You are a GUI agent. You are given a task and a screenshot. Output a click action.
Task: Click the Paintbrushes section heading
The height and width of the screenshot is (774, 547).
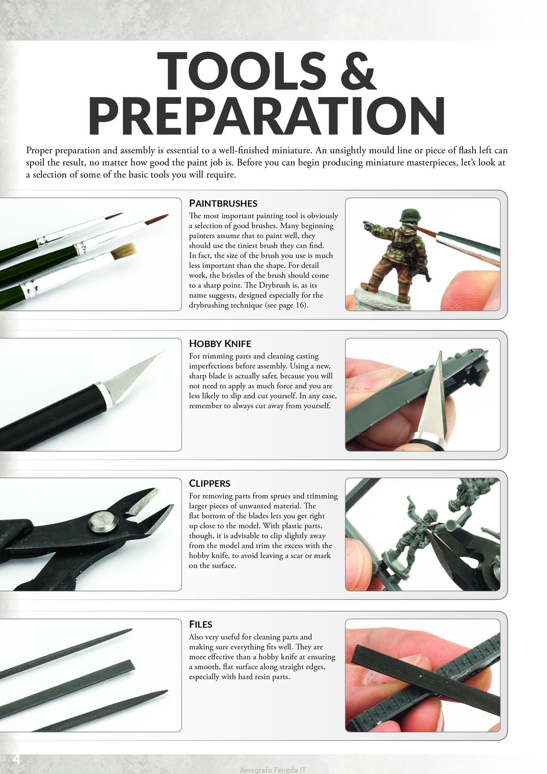coord(223,203)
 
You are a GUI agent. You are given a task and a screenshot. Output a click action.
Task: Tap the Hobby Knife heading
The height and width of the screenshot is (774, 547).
coord(220,343)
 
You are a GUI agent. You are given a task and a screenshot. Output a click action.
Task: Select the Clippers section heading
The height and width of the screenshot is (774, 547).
coord(210,483)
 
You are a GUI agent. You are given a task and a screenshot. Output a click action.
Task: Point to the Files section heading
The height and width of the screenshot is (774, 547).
coord(201,624)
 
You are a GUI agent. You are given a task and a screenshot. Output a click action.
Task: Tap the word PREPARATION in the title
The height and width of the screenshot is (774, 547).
coord(267,115)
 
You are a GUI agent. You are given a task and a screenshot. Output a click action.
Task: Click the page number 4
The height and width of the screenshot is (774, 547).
coord(16,759)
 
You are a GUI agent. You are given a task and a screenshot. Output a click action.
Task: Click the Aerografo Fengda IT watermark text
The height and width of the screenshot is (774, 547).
coord(273,770)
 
